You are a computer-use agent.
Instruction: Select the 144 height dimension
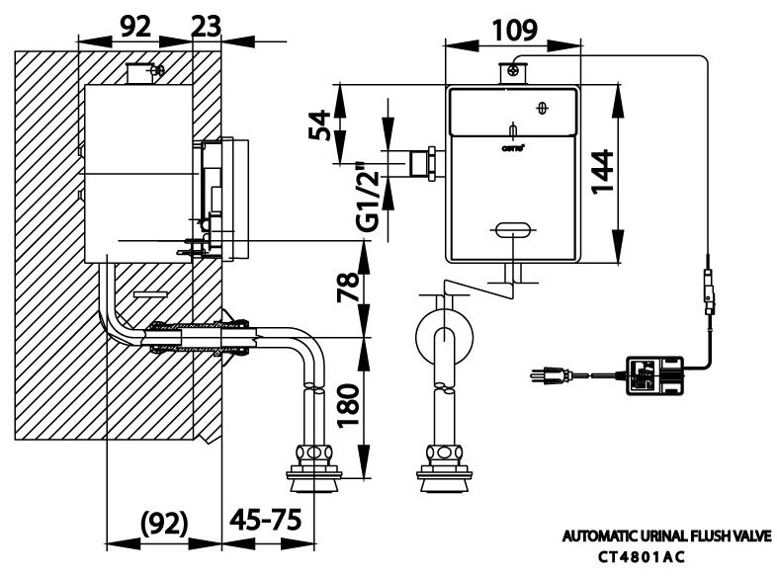644,174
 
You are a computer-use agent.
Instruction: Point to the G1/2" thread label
369,197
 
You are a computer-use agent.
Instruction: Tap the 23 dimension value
206,29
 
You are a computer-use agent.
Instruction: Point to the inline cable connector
708,292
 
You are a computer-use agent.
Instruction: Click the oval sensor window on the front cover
510,230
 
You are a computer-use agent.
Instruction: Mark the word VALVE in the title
753,537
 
